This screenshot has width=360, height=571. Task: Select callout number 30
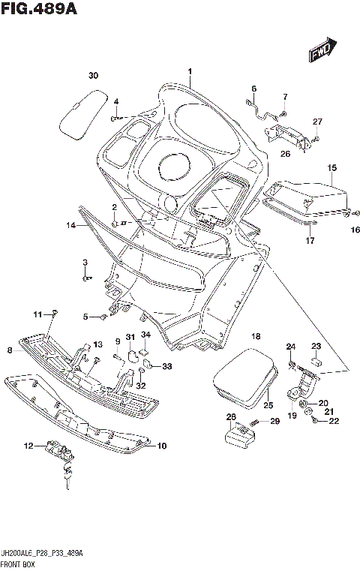[x=92, y=75]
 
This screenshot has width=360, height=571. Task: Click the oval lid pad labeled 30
[x=80, y=111]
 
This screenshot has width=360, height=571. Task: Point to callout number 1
[x=190, y=72]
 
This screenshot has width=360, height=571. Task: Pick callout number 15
[x=331, y=167]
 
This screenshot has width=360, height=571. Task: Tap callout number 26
[x=285, y=155]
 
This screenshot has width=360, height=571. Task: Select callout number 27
[x=317, y=122]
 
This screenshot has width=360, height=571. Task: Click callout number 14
[x=70, y=225]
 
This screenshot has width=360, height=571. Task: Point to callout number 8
[x=10, y=350]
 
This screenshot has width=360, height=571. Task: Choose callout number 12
[x=28, y=446]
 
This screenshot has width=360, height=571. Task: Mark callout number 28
[x=231, y=416]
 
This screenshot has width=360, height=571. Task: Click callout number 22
[x=334, y=421]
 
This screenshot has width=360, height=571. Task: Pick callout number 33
[x=166, y=366]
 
